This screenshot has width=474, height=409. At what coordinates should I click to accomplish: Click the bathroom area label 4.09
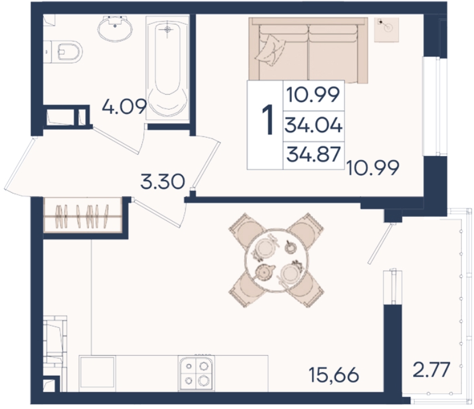[x=124, y=106]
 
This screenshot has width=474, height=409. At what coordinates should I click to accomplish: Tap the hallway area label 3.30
[x=162, y=182]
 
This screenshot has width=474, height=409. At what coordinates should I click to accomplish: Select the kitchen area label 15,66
[x=334, y=375]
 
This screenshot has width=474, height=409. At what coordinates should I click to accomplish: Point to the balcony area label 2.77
[x=432, y=369]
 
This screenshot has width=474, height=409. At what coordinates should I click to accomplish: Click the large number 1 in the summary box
[x=267, y=120]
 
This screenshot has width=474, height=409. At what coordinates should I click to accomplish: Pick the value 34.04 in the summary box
[x=313, y=126]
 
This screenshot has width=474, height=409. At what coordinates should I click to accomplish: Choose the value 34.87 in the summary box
[x=313, y=154]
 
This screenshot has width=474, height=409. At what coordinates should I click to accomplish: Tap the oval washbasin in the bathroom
[x=115, y=29]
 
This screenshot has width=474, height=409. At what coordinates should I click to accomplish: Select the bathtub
[x=168, y=68]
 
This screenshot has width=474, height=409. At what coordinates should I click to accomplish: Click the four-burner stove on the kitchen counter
[x=196, y=373]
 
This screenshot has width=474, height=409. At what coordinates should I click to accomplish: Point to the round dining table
[x=276, y=260]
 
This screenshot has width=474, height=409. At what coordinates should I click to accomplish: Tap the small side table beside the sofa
[x=386, y=30]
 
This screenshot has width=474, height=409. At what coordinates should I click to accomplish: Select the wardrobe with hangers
[x=83, y=215]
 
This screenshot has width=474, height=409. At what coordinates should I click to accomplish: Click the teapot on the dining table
[x=264, y=272]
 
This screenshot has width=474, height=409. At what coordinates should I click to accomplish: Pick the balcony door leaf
[x=380, y=244]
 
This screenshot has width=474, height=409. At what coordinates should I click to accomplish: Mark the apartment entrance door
[x=20, y=164]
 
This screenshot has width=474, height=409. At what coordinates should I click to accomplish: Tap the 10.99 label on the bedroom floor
[x=373, y=168]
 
